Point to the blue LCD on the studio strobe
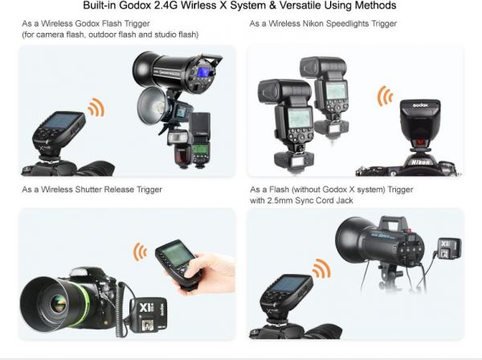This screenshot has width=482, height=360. [203, 72]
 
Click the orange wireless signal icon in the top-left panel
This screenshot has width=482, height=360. [96, 108]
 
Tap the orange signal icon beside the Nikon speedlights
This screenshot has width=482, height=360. [385, 96]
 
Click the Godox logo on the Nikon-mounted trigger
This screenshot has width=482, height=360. [420, 105]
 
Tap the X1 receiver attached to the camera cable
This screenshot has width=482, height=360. [149, 316]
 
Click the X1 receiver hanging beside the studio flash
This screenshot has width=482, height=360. [448, 249]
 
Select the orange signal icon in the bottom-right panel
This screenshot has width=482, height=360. [321, 268]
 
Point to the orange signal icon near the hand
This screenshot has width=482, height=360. [140, 252]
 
